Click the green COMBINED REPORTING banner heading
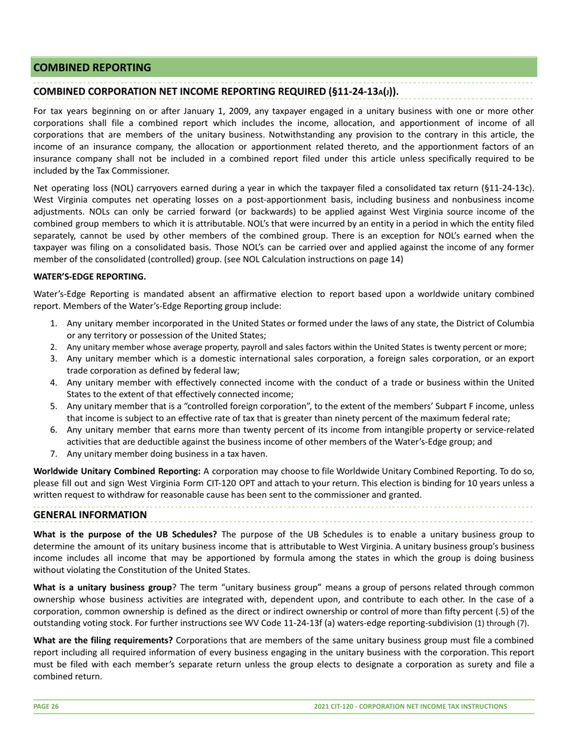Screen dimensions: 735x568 [x=92, y=68]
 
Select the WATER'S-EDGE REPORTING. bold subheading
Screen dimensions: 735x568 [x=90, y=277]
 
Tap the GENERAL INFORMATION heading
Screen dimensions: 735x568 [x=90, y=514]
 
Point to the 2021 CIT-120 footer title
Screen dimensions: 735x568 [x=410, y=706]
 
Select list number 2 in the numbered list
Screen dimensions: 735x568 [x=54, y=347]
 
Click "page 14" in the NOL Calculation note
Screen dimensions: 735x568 [x=386, y=259]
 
